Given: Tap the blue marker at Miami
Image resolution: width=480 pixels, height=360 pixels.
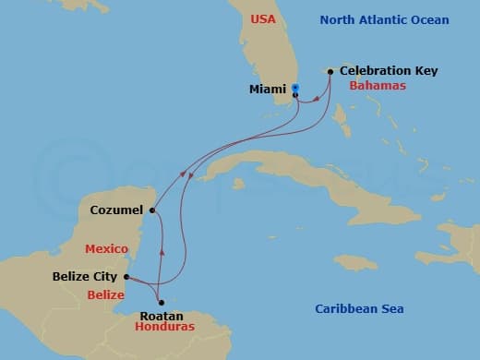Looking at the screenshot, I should click(295, 88).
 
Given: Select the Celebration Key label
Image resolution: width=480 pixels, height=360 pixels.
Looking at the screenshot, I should click(389, 70).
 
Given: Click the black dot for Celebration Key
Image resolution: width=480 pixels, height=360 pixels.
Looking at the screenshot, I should click(330, 71).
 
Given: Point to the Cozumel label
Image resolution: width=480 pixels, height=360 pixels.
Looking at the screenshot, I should click(115, 210).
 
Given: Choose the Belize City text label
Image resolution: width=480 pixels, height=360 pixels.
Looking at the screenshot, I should click(86, 276).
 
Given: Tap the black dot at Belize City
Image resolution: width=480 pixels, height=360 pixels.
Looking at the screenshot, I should click(126, 276).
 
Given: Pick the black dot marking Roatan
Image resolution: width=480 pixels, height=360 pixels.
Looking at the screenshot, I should click(162, 302).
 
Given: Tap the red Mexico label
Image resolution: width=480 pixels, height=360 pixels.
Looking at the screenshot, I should click(105, 249).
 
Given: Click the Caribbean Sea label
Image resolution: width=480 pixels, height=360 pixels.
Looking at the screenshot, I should click(359, 309).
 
